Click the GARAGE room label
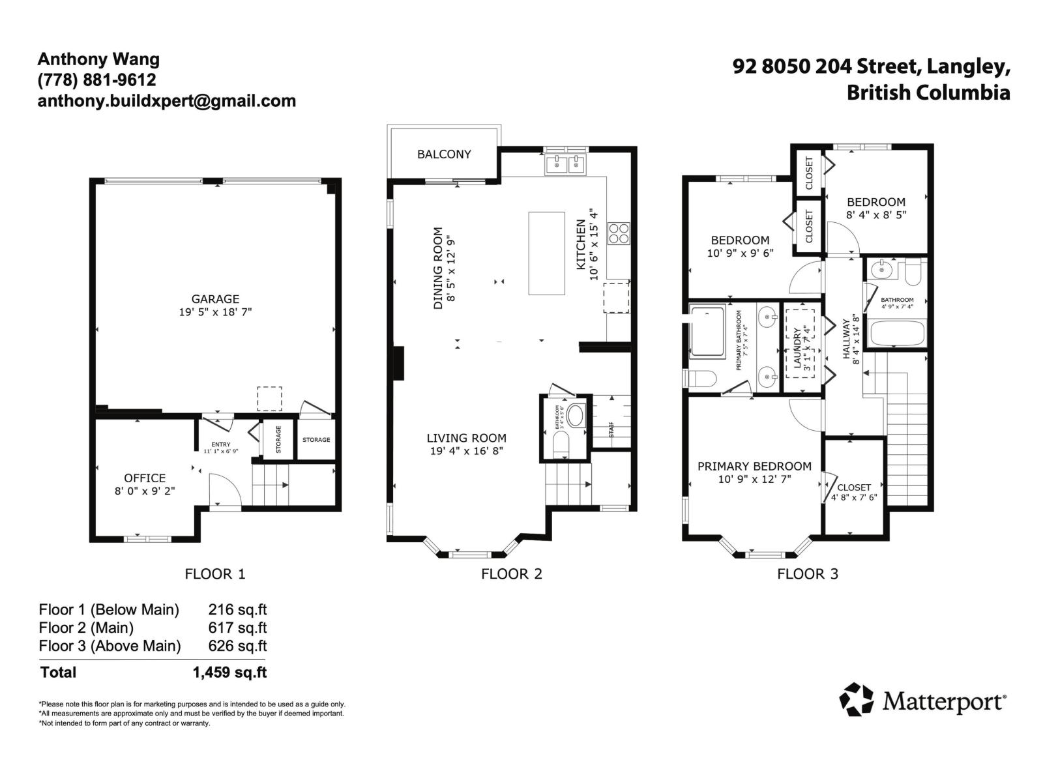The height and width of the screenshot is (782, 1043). [x=215, y=299]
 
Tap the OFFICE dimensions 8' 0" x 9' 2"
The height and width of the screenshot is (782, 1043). [x=145, y=491]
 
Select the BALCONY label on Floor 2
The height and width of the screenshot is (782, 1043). [x=444, y=154]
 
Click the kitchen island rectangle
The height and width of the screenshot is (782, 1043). [x=546, y=253]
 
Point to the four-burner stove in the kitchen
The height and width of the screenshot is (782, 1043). [x=619, y=233]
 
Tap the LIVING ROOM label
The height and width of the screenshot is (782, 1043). [x=466, y=438]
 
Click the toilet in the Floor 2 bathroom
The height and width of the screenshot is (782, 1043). [x=561, y=445]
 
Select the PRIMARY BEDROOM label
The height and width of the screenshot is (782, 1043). [x=754, y=466]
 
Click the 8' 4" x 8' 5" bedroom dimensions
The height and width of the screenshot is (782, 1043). [x=875, y=214]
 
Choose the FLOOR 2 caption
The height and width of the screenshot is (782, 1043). [x=511, y=574]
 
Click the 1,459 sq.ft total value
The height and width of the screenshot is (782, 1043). [x=229, y=673]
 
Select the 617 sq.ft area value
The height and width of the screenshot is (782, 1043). [x=237, y=628]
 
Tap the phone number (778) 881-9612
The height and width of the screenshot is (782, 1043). [x=96, y=80]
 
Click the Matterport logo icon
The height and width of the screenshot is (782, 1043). [x=856, y=700]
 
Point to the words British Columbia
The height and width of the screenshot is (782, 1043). [x=928, y=93]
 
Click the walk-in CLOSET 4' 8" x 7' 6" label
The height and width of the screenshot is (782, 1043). [x=853, y=492]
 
